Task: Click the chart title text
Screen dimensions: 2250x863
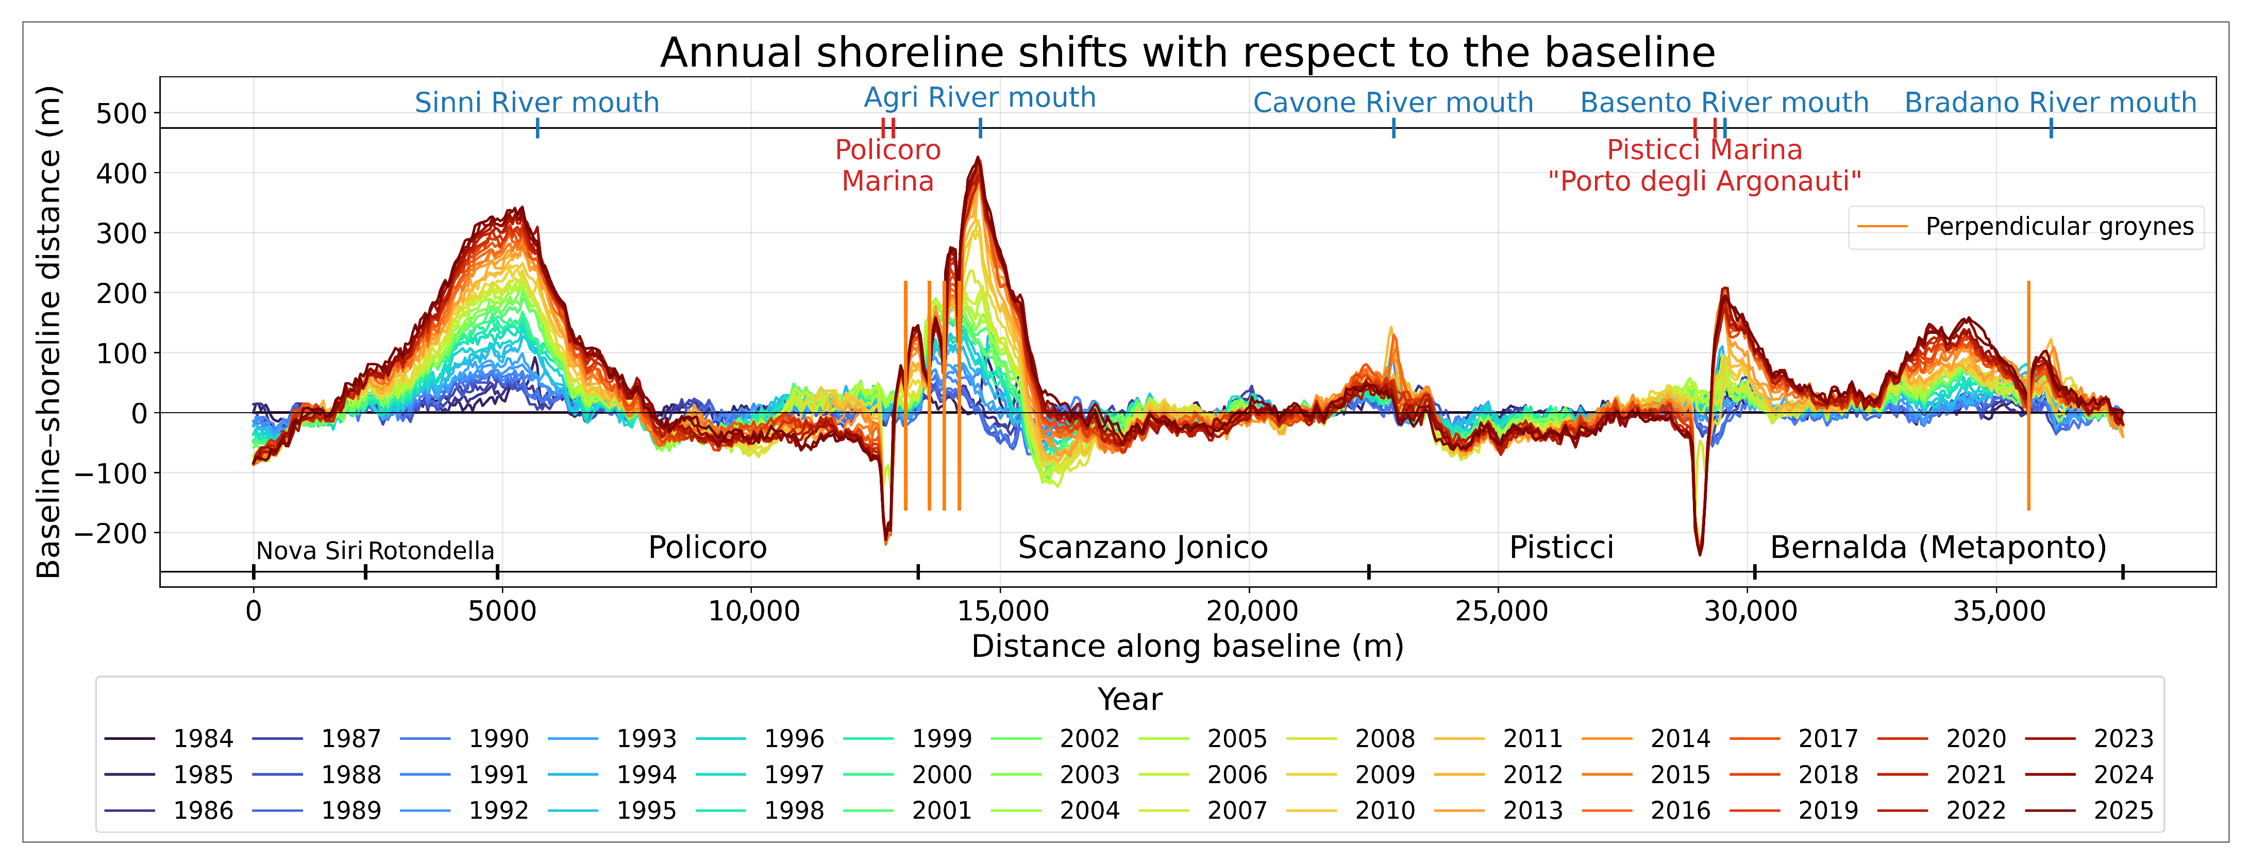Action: (x=1187, y=53)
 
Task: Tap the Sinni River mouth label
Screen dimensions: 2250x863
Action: (x=536, y=102)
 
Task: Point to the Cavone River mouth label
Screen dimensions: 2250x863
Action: (x=1393, y=102)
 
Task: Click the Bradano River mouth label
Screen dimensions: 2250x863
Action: (x=2050, y=102)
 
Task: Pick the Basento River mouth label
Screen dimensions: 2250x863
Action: (x=1724, y=102)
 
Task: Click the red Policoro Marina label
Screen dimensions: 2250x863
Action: (x=887, y=165)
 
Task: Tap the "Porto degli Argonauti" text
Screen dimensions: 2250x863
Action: (x=1704, y=182)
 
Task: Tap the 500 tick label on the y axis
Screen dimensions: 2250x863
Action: (x=122, y=113)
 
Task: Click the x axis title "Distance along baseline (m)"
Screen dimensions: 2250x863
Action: (x=1187, y=647)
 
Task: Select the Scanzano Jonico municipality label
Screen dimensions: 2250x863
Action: (x=1143, y=548)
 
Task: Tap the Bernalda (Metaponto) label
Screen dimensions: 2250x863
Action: (x=1938, y=548)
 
